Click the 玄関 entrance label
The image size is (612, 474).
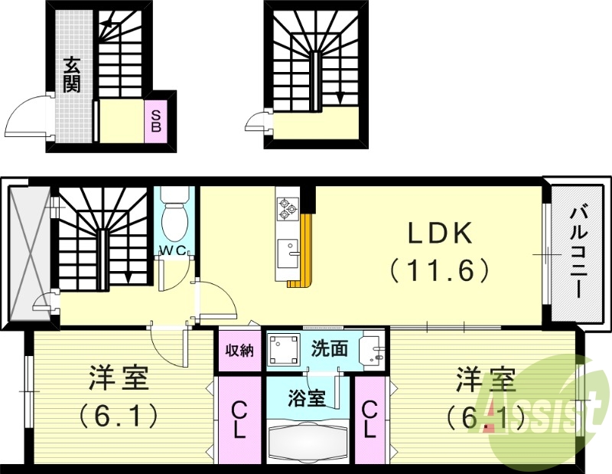[72, 75]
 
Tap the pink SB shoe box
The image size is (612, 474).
[155, 121]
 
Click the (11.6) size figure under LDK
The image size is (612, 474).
[438, 270]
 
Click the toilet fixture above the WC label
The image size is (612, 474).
[174, 215]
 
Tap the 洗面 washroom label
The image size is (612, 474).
[330, 349]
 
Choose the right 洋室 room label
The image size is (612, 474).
[485, 379]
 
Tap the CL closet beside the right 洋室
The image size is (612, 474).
[369, 420]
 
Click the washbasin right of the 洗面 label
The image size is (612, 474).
[373, 351]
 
